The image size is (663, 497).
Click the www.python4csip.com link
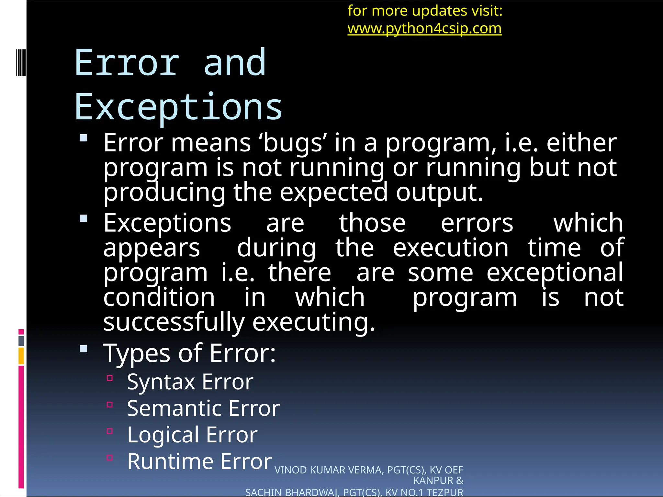click(424, 28)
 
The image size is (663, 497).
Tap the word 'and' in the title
click(235, 63)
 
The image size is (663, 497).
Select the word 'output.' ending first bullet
click(439, 192)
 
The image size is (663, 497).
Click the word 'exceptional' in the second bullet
click(555, 273)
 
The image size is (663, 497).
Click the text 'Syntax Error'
click(190, 382)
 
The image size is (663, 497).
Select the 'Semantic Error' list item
click(203, 408)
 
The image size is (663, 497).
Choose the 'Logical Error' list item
click(192, 435)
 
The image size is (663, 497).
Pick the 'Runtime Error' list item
click(199, 461)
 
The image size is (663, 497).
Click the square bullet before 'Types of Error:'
click(84, 349)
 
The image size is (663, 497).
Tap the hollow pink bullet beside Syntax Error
click(110, 378)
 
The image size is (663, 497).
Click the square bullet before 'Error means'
click(84, 138)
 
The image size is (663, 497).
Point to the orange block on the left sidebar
click(21, 356)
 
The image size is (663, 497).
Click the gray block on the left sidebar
click(21, 341)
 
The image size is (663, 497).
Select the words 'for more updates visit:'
click(425, 11)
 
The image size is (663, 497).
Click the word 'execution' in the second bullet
click(450, 248)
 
